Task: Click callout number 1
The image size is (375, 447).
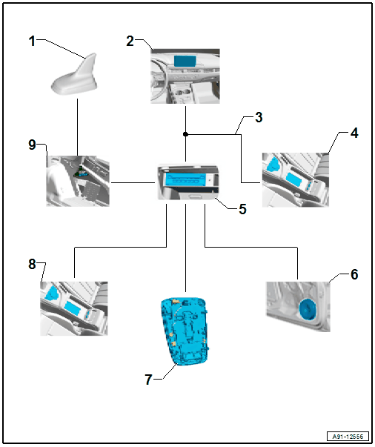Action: [32, 41]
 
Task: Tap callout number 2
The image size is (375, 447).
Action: [130, 41]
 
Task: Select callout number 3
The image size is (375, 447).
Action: [259, 117]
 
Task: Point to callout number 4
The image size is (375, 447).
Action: [354, 133]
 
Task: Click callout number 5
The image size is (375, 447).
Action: [242, 209]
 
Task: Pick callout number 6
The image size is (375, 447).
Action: [354, 274]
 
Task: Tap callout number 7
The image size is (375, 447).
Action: [148, 380]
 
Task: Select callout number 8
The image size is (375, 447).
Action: [32, 264]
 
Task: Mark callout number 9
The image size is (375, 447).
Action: [32, 145]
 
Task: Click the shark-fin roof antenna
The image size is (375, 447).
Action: [75, 76]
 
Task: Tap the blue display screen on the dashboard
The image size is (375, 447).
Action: [185, 62]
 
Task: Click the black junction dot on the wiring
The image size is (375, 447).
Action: [185, 134]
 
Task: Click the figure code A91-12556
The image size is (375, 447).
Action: [348, 437]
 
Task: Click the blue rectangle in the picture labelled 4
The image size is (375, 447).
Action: [293, 179]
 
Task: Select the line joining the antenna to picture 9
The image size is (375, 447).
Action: [77, 128]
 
